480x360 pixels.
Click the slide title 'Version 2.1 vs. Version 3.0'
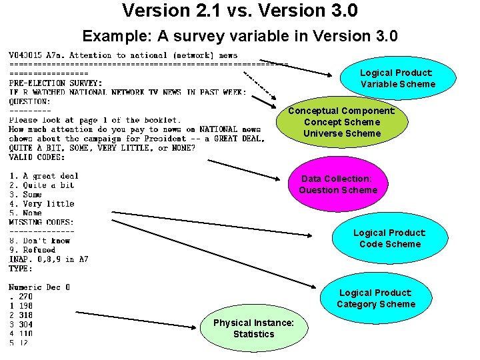[240, 11]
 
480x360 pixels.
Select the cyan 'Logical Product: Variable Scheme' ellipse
[397, 79]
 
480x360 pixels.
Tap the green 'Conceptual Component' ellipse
[341, 122]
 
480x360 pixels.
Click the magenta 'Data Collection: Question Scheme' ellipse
[338, 185]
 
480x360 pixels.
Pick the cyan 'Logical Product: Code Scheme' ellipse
[389, 239]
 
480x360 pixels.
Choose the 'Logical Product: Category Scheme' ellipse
[375, 299]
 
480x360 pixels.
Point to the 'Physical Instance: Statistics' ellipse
[253, 329]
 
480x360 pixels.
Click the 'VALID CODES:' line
[37, 157]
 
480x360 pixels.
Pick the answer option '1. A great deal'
[43, 176]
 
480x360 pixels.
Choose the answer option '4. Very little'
[41, 203]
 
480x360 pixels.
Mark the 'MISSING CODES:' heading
[41, 222]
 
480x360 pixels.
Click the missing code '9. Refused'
[32, 250]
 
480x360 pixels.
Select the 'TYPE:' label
[21, 268]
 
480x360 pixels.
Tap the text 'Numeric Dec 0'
[39, 287]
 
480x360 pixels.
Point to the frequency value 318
[25, 315]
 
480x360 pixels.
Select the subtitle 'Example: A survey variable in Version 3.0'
[240, 36]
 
